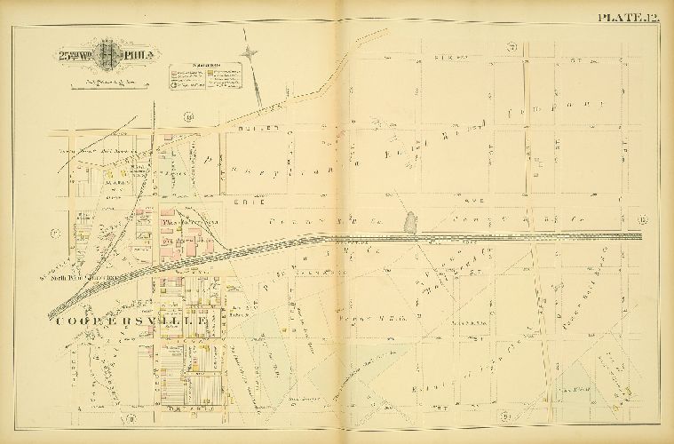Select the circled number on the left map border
[55, 234]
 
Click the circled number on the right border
[643, 219]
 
